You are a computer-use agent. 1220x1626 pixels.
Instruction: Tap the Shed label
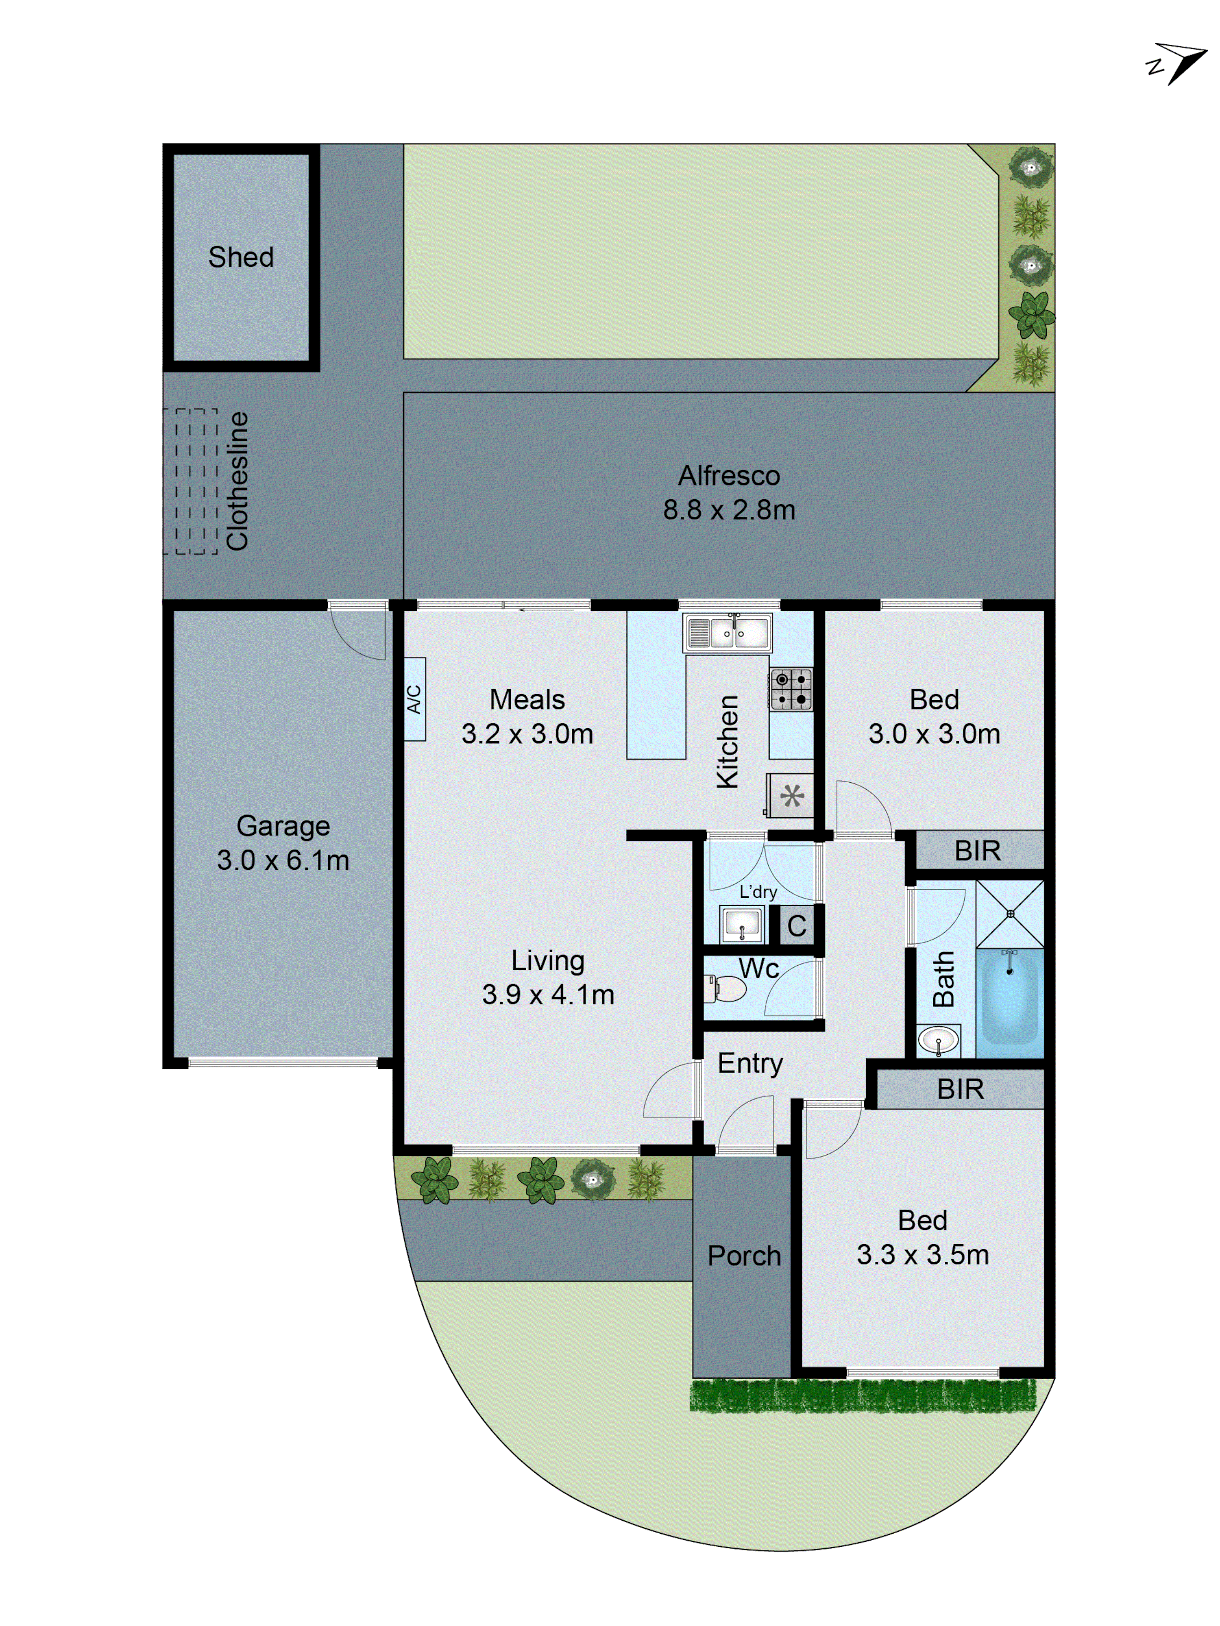[x=240, y=257]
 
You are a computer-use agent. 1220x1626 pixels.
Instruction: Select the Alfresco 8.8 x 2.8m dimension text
[x=729, y=509]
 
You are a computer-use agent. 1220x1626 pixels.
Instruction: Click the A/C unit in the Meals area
[x=415, y=698]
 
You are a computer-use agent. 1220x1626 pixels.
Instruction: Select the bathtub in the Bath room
[x=1010, y=998]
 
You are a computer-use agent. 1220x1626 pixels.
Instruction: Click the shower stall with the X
[x=1010, y=914]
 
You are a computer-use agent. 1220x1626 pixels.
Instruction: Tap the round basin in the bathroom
[x=938, y=1040]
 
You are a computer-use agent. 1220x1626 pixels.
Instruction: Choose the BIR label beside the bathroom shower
[x=977, y=851]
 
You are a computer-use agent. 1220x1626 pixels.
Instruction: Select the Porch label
[x=743, y=1256]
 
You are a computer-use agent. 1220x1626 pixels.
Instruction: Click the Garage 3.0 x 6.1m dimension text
[x=283, y=859]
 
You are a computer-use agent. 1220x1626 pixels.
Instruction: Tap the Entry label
[x=750, y=1063]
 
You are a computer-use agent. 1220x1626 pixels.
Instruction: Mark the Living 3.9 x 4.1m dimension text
[x=548, y=994]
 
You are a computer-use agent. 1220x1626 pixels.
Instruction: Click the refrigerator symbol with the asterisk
[x=791, y=795]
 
